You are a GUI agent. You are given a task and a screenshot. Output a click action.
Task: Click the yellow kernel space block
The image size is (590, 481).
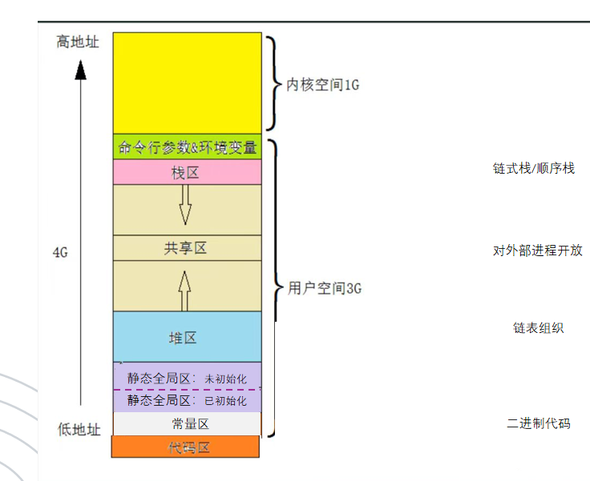click(187, 82)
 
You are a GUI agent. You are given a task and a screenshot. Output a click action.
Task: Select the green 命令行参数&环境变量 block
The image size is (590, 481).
click(187, 147)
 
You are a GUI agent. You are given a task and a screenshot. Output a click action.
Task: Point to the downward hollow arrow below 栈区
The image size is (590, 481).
click(185, 205)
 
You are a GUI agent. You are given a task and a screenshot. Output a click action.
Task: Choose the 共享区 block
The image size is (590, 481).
click(187, 248)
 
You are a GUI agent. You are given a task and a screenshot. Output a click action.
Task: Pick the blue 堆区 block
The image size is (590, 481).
click(187, 338)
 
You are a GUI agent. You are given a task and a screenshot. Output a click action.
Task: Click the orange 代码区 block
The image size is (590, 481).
click(187, 447)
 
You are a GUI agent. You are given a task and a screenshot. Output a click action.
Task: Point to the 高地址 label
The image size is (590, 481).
click(78, 41)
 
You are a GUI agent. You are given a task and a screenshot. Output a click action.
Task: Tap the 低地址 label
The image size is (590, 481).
click(79, 430)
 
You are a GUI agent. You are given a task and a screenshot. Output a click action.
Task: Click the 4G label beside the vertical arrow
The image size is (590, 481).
click(59, 252)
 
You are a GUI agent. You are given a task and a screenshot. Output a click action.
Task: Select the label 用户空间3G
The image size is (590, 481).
click(324, 288)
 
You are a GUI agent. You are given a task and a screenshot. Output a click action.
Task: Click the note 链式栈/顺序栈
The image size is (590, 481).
click(533, 168)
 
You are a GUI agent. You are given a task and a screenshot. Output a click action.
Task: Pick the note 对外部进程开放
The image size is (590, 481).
click(537, 251)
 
